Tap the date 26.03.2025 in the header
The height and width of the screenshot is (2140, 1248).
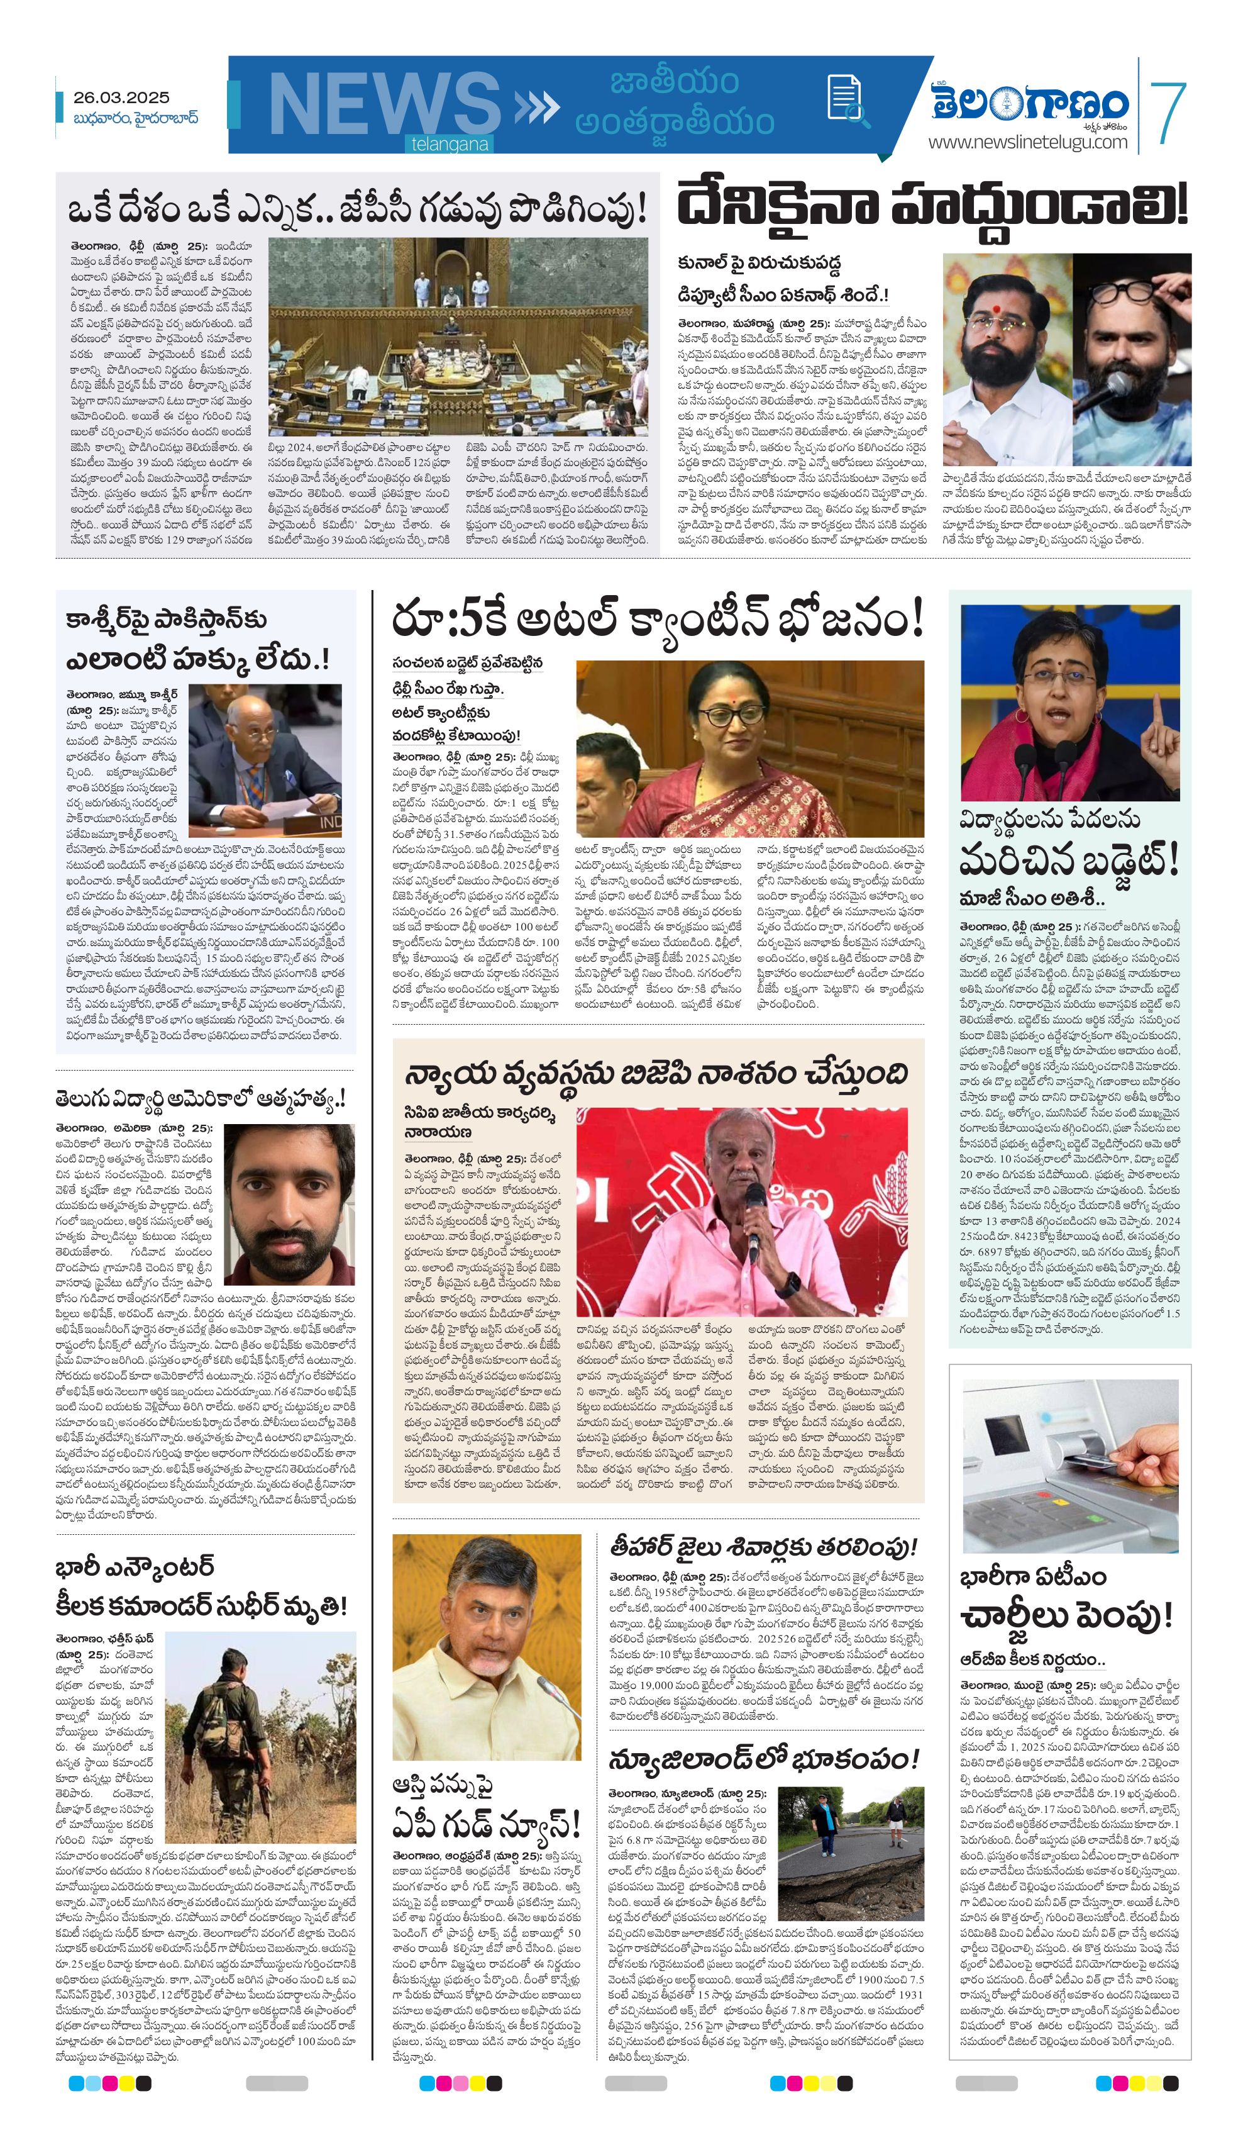click(121, 98)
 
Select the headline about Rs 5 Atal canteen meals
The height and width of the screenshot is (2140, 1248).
click(657, 621)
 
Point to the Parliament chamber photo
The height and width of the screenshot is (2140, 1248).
click(458, 337)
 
